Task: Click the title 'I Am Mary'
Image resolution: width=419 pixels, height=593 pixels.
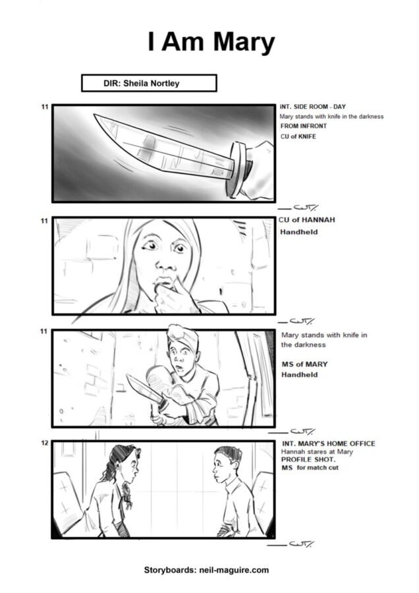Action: (x=211, y=42)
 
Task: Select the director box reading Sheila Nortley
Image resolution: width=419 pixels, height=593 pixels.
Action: (x=149, y=83)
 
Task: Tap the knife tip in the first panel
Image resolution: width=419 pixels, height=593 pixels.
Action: (x=95, y=115)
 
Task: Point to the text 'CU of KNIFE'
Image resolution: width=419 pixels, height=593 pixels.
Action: (x=298, y=136)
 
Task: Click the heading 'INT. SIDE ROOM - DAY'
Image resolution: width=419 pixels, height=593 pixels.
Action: (x=313, y=107)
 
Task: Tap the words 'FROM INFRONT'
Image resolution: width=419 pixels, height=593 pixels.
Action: (x=303, y=126)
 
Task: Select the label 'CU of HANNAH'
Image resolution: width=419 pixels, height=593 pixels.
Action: (x=307, y=219)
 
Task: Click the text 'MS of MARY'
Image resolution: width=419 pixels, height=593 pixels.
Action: (x=304, y=364)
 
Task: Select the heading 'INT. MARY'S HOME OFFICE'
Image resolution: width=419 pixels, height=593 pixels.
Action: (x=329, y=443)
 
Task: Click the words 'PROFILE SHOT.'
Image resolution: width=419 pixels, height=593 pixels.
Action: (x=308, y=459)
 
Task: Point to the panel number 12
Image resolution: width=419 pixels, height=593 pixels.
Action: (x=45, y=443)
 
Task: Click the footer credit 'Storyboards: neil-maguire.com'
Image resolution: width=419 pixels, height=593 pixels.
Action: (x=206, y=570)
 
